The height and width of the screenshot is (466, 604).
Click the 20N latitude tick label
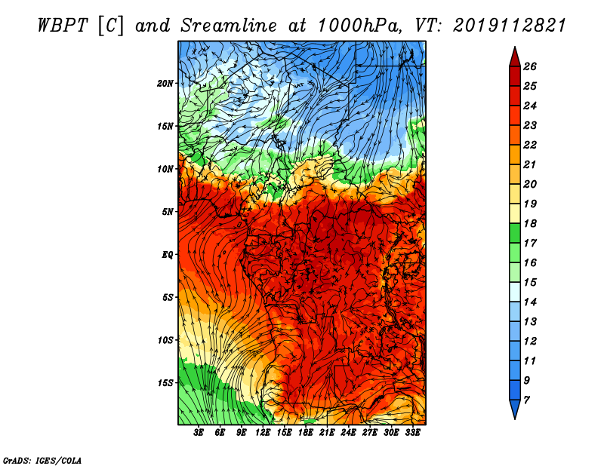[x=165, y=84]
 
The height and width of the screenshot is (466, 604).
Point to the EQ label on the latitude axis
[x=168, y=255]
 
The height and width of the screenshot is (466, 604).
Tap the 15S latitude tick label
[x=165, y=383]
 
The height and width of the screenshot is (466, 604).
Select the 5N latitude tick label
[x=168, y=212]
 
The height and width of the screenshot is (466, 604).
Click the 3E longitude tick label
[x=199, y=433]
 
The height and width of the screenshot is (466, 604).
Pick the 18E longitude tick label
[x=306, y=433]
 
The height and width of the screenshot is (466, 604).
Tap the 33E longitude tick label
[x=412, y=433]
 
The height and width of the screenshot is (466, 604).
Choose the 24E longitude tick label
[x=348, y=433]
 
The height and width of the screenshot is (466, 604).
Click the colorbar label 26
[x=530, y=66]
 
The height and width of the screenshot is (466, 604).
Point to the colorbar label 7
[x=526, y=400]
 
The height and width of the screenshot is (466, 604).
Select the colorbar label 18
[x=530, y=223]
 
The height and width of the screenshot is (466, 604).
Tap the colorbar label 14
[x=530, y=302]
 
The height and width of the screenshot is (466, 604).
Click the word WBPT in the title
[x=63, y=26]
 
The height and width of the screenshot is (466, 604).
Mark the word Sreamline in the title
[x=229, y=26]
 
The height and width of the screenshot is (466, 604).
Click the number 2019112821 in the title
[x=509, y=26]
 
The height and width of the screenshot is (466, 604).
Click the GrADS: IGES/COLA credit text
[x=42, y=460]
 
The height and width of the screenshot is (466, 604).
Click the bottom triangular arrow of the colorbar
[x=515, y=408]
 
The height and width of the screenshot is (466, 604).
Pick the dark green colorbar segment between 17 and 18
[x=515, y=233]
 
